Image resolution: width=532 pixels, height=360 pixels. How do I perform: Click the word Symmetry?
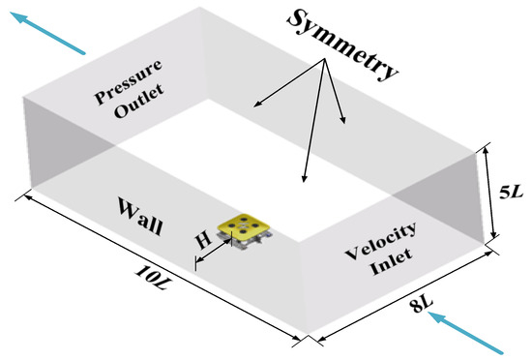(x=342, y=45)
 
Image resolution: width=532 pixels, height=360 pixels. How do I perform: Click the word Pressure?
(x=129, y=81)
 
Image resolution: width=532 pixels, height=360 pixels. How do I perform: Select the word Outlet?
(x=139, y=101)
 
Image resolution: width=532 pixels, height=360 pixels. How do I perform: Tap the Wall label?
(x=140, y=217)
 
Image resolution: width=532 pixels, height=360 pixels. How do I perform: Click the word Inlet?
(x=391, y=262)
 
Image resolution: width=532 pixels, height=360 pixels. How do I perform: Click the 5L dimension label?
(x=511, y=193)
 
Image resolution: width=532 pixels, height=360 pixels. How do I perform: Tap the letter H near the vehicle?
(x=203, y=240)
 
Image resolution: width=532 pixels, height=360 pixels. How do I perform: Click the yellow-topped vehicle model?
(x=245, y=232)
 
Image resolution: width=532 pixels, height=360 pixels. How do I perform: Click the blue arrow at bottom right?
(x=466, y=334)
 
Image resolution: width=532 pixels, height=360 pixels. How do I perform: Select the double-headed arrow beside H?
(x=214, y=251)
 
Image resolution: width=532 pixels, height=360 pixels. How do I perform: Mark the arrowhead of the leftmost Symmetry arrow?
(x=255, y=106)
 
